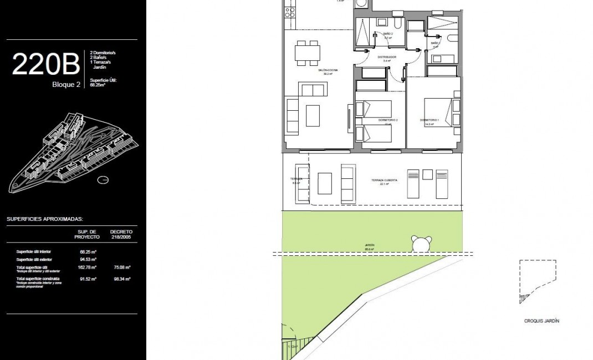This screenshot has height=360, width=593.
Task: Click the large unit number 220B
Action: coord(45,65)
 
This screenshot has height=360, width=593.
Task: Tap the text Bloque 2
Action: coord(66,84)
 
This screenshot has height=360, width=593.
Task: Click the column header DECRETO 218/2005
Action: coord(120,234)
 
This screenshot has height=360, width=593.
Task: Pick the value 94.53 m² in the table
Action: coord(88,259)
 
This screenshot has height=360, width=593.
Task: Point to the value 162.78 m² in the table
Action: coord(88,267)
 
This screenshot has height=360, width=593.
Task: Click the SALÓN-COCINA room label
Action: coord(328,70)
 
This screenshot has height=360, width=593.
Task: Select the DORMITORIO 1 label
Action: coord(430,120)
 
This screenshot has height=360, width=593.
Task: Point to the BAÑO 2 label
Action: coord(388,34)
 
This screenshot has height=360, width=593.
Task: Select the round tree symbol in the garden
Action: coord(421,243)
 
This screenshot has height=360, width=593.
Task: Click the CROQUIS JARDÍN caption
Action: coord(541,321)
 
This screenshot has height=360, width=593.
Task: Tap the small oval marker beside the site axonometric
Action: coord(103,179)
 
